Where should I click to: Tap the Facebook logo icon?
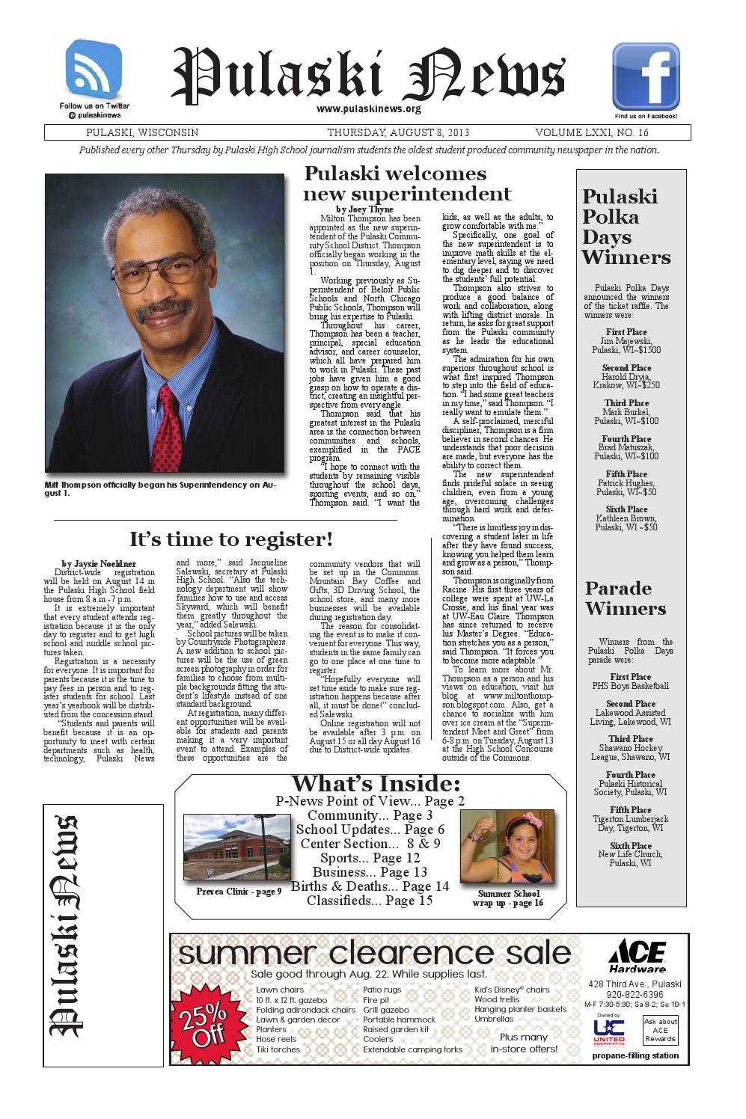(646, 76)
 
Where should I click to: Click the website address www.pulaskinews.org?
(369, 109)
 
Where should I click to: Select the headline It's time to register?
(230, 539)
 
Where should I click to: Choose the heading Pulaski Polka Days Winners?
(626, 227)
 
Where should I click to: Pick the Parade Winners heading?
(625, 598)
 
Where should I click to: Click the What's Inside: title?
(375, 784)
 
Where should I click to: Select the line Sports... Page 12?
(370, 858)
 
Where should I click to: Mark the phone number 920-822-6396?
(635, 995)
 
